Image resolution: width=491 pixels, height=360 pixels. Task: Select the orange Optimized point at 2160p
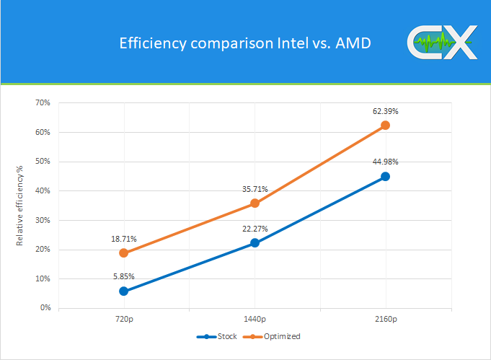tap(385, 125)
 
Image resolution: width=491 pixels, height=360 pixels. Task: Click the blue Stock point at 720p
tap(123, 291)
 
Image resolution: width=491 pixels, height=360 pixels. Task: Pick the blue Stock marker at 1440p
tap(255, 243)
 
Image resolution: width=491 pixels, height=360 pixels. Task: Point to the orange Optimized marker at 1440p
tap(255, 203)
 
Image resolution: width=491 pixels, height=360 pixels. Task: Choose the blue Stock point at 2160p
tap(385, 176)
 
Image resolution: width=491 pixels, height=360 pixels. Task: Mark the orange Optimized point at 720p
tap(123, 253)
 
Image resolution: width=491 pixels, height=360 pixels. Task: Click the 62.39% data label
tap(385, 111)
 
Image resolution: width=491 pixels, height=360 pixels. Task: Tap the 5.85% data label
tap(123, 276)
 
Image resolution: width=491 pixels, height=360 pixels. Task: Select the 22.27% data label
tap(255, 229)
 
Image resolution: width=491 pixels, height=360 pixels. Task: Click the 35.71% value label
tap(255, 189)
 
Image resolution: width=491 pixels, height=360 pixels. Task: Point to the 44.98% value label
tap(385, 162)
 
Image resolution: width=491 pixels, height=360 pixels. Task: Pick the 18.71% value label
tap(123, 239)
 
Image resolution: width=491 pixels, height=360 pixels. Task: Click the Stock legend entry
tap(217, 336)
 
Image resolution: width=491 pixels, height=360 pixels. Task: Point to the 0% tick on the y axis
tap(45, 308)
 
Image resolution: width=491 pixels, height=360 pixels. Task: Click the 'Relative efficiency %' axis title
tap(20, 206)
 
